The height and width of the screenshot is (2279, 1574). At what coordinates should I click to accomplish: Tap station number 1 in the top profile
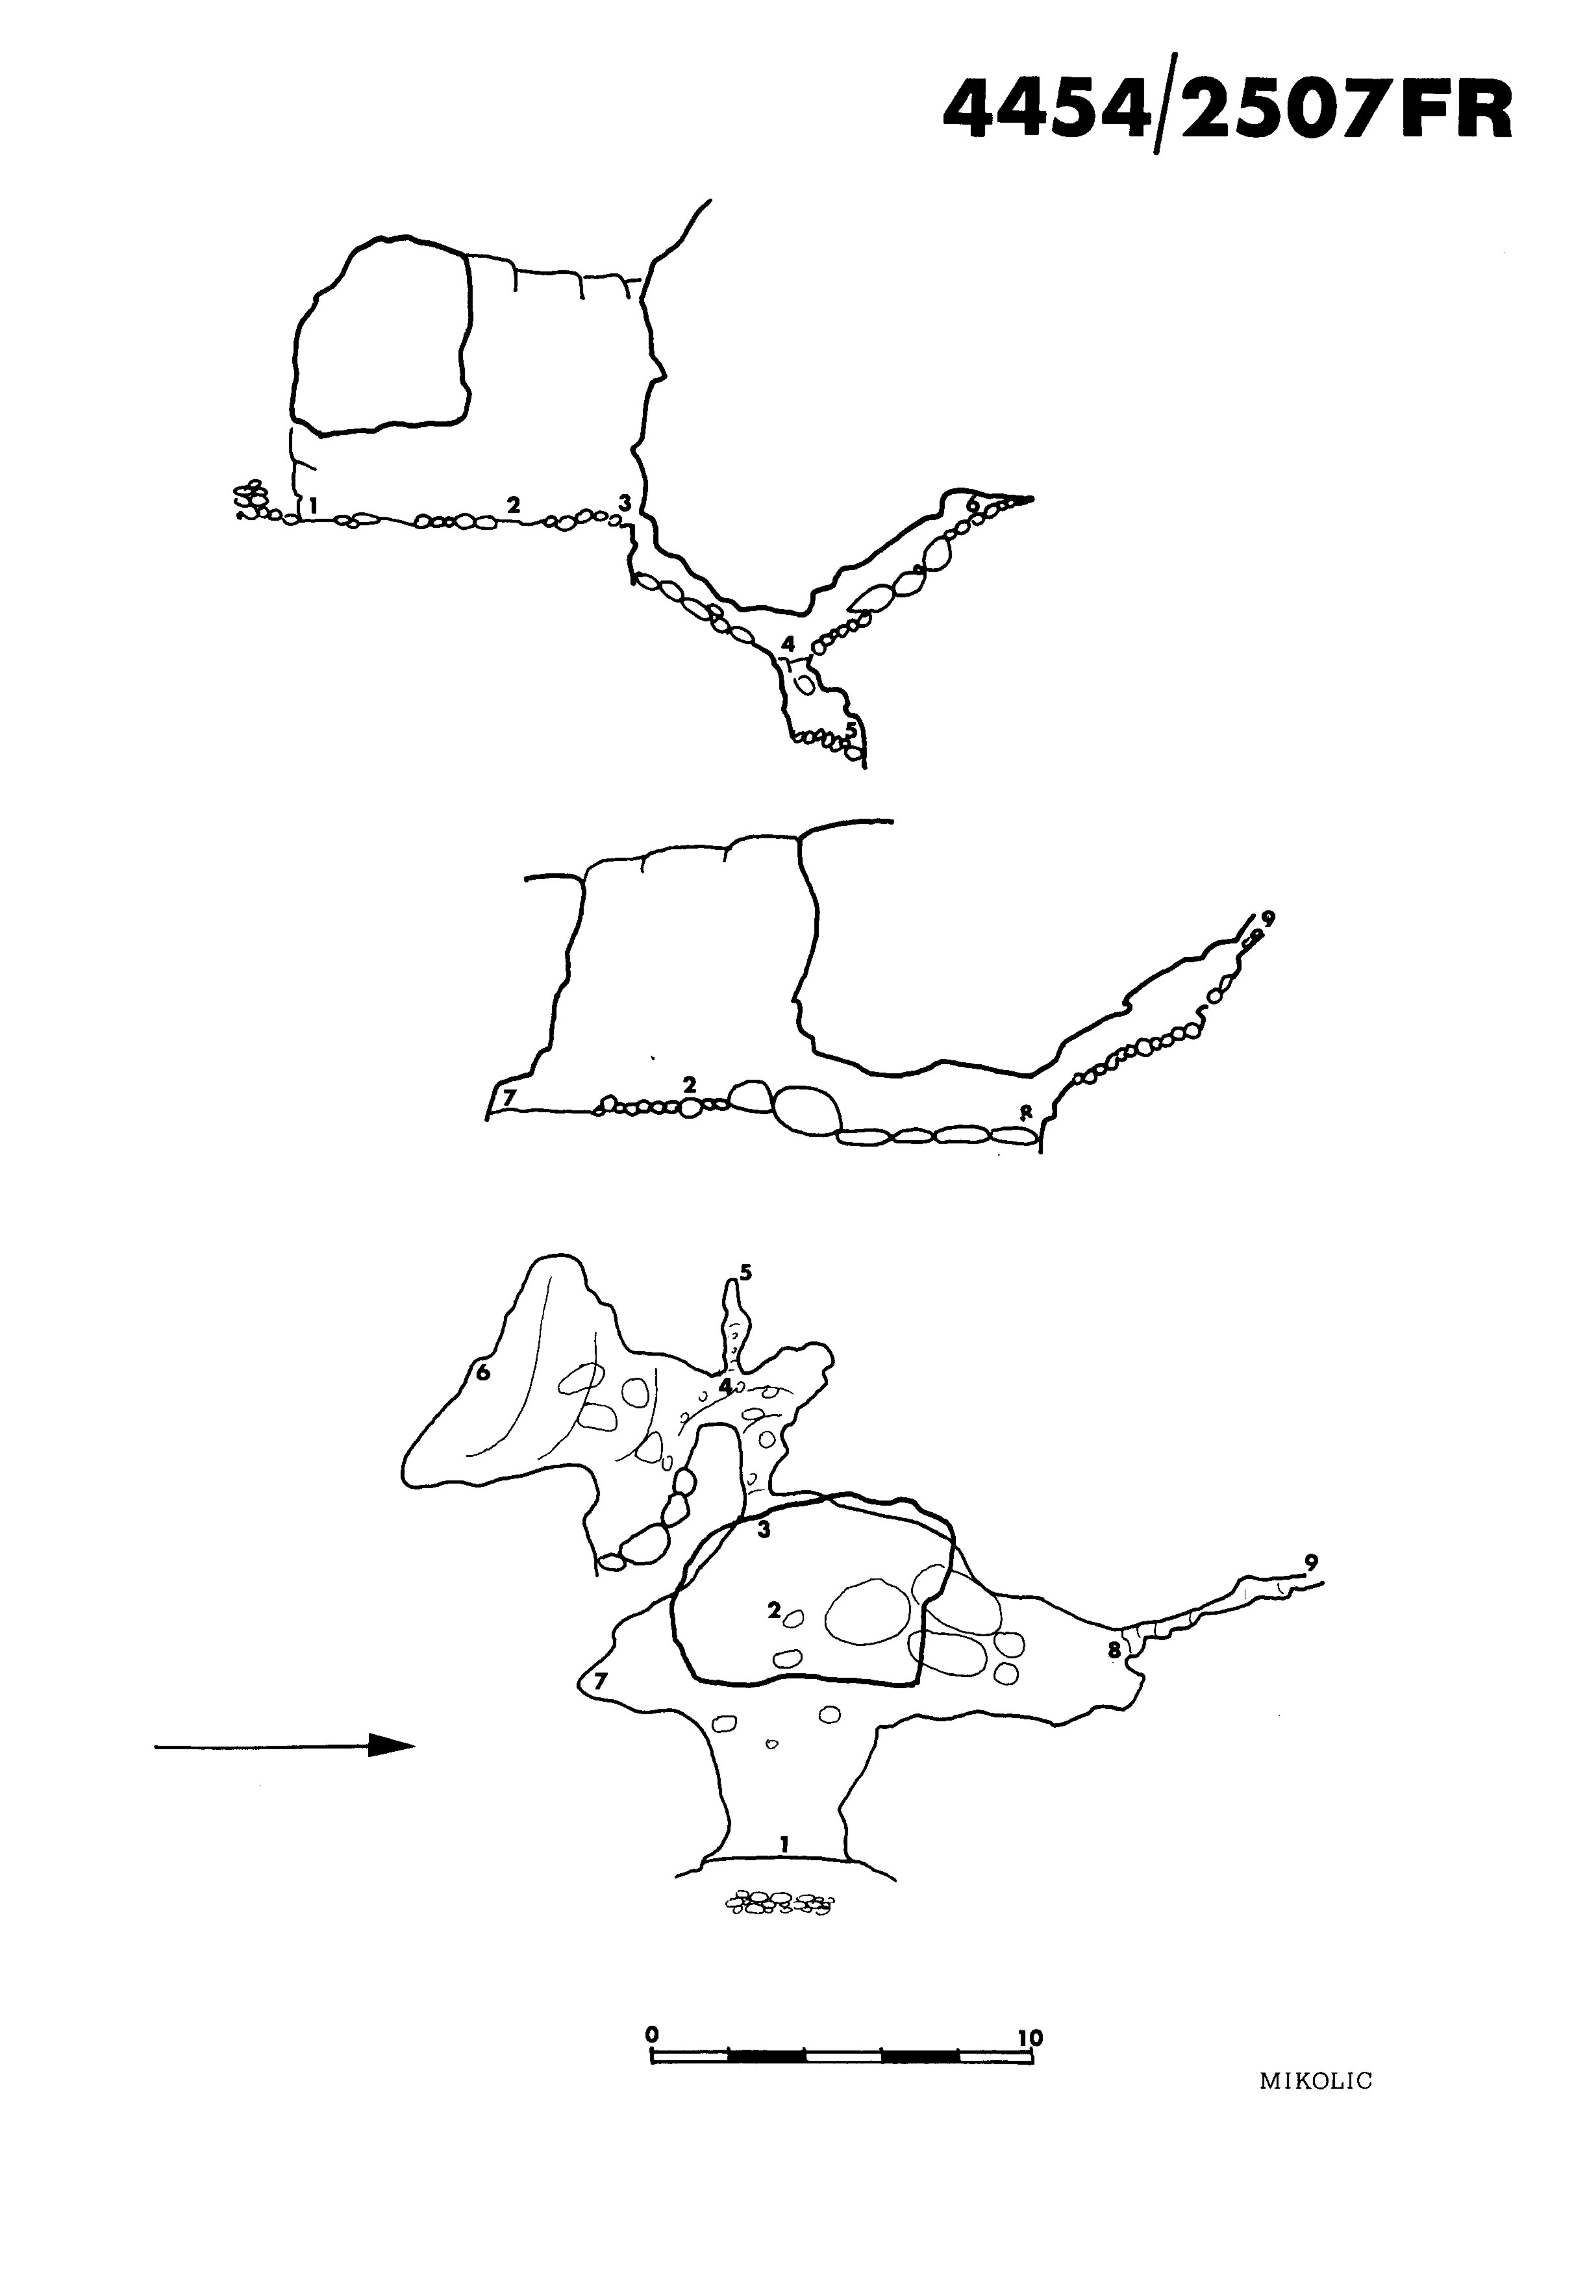[312, 505]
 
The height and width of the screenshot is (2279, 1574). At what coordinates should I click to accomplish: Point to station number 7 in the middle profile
[509, 1097]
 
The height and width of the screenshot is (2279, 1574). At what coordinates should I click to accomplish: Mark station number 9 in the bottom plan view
[1310, 1561]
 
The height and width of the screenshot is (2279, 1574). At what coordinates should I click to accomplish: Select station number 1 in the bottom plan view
[784, 1842]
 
